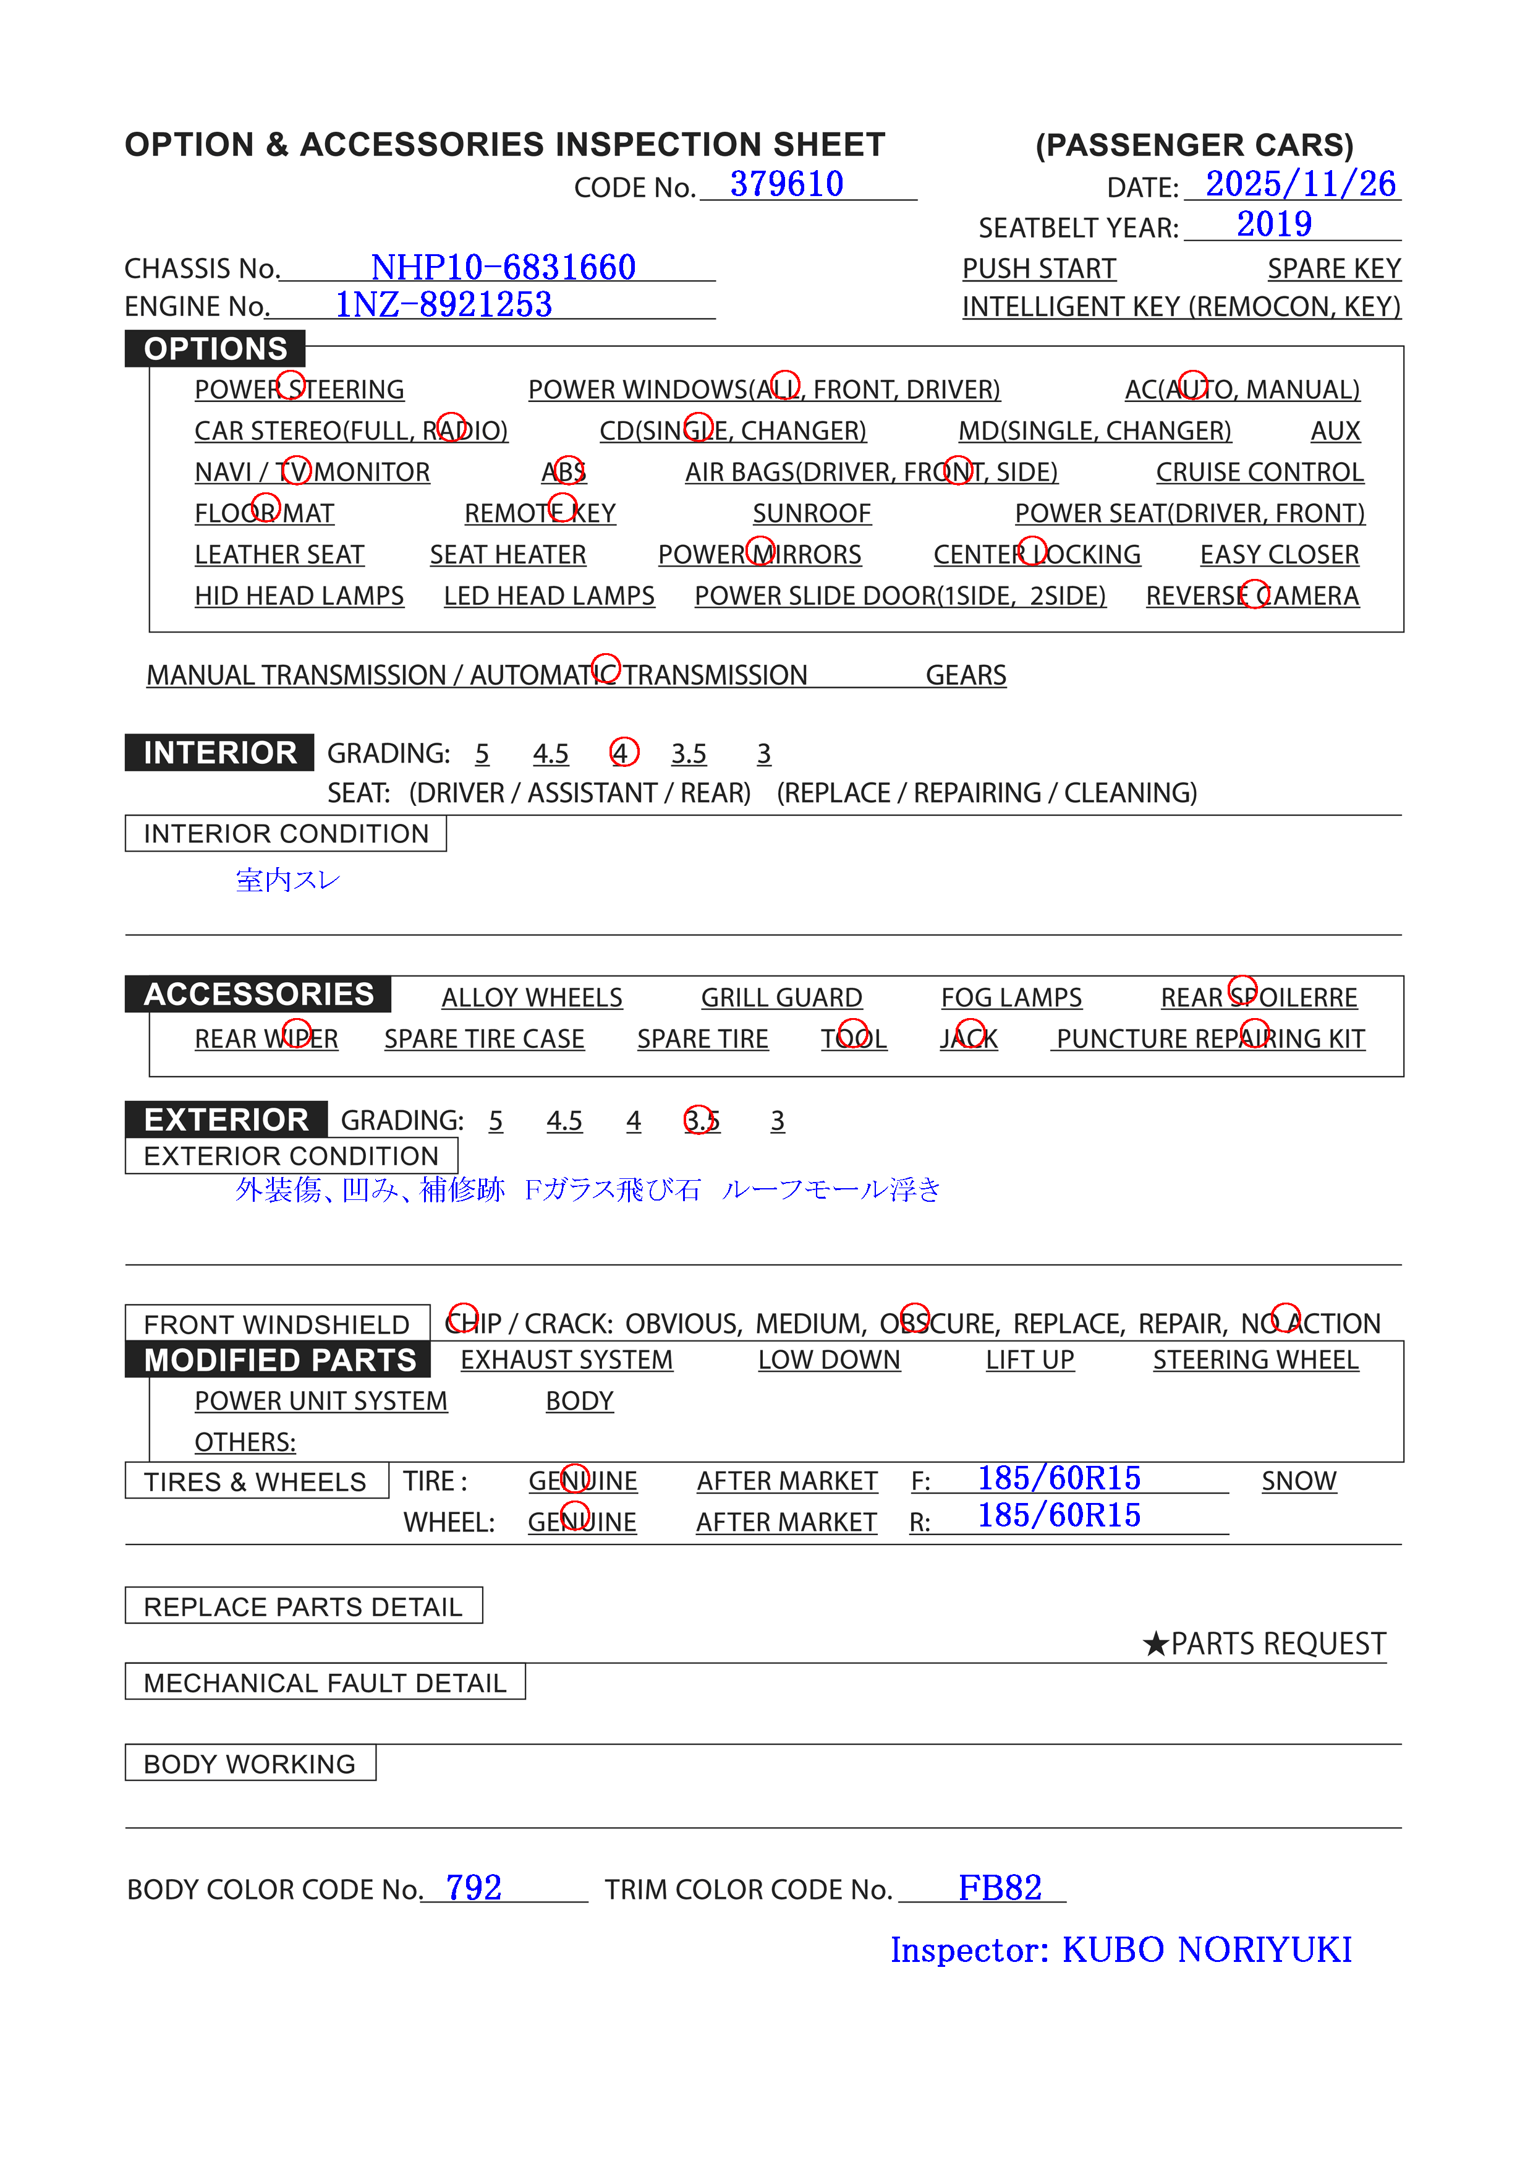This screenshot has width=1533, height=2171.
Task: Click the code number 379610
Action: (x=786, y=184)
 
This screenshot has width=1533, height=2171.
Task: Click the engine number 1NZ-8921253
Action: (x=443, y=304)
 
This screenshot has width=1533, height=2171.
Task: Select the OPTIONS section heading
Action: (x=216, y=349)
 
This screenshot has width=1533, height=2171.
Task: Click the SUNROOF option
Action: (x=811, y=513)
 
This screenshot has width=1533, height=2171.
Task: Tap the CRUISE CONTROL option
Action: (x=1259, y=472)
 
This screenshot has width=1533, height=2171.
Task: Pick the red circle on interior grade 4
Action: (x=624, y=753)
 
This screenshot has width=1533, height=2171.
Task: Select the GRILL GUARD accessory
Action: (x=781, y=998)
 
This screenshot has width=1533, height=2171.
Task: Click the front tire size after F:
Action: (x=1058, y=1478)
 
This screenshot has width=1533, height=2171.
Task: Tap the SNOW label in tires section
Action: (x=1299, y=1481)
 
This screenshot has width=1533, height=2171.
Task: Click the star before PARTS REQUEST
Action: (x=1155, y=1644)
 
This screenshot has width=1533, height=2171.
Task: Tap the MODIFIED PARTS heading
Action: (x=280, y=1360)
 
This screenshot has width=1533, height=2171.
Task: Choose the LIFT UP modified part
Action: (x=1029, y=1360)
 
